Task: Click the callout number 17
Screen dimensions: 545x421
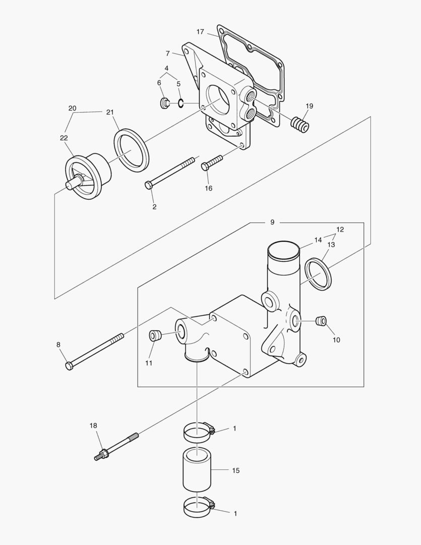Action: [200, 32]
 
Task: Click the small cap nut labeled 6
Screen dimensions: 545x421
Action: [164, 103]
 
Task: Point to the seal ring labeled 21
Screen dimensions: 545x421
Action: [131, 150]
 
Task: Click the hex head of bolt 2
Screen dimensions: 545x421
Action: [148, 186]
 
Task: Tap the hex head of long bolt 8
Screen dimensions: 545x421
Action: [70, 365]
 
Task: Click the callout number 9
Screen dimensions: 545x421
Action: [272, 222]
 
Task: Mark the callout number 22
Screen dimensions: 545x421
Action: [64, 138]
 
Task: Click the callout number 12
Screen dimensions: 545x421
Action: [340, 230]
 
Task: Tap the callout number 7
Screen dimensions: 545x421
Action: [167, 53]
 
